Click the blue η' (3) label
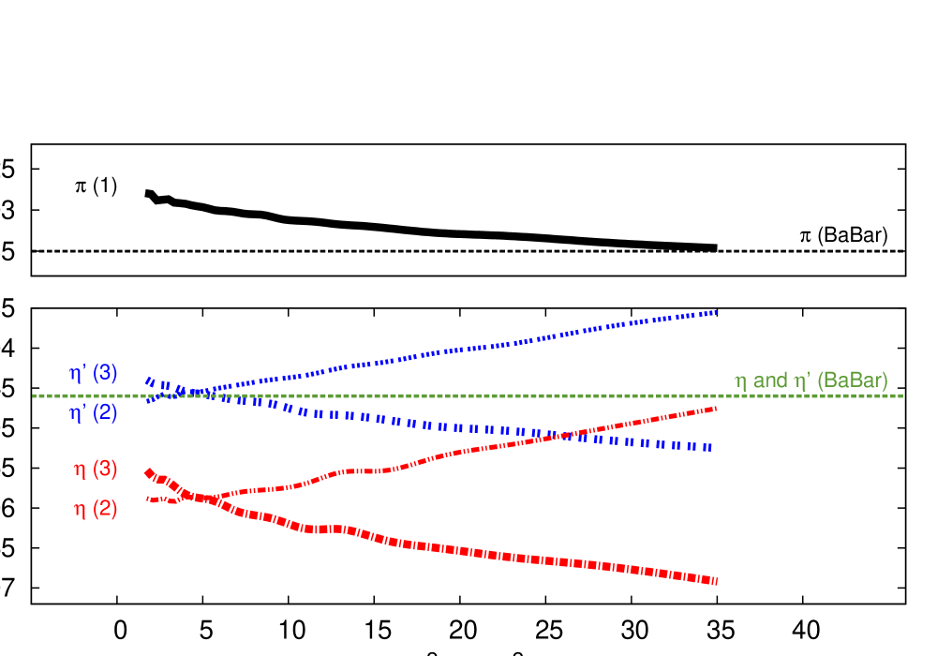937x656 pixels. tap(94, 373)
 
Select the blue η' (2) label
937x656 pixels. tap(94, 412)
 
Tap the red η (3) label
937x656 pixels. tap(97, 470)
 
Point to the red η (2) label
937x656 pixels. tap(97, 510)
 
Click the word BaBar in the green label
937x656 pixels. tap(852, 381)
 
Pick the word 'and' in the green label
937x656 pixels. tap(770, 381)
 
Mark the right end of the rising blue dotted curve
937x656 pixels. tap(716, 311)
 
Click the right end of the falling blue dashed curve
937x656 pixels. tap(710, 448)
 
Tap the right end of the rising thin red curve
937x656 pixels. tap(716, 409)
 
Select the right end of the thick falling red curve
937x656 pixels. tap(716, 581)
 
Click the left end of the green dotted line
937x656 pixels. tap(34, 395)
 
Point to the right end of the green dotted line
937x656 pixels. tap(902, 395)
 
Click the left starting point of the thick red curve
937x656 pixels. tap(148, 473)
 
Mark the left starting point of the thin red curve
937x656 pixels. tap(148, 499)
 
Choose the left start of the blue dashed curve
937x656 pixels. tap(148, 381)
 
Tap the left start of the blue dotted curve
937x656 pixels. tap(148, 401)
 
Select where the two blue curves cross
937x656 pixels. tap(199, 391)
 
